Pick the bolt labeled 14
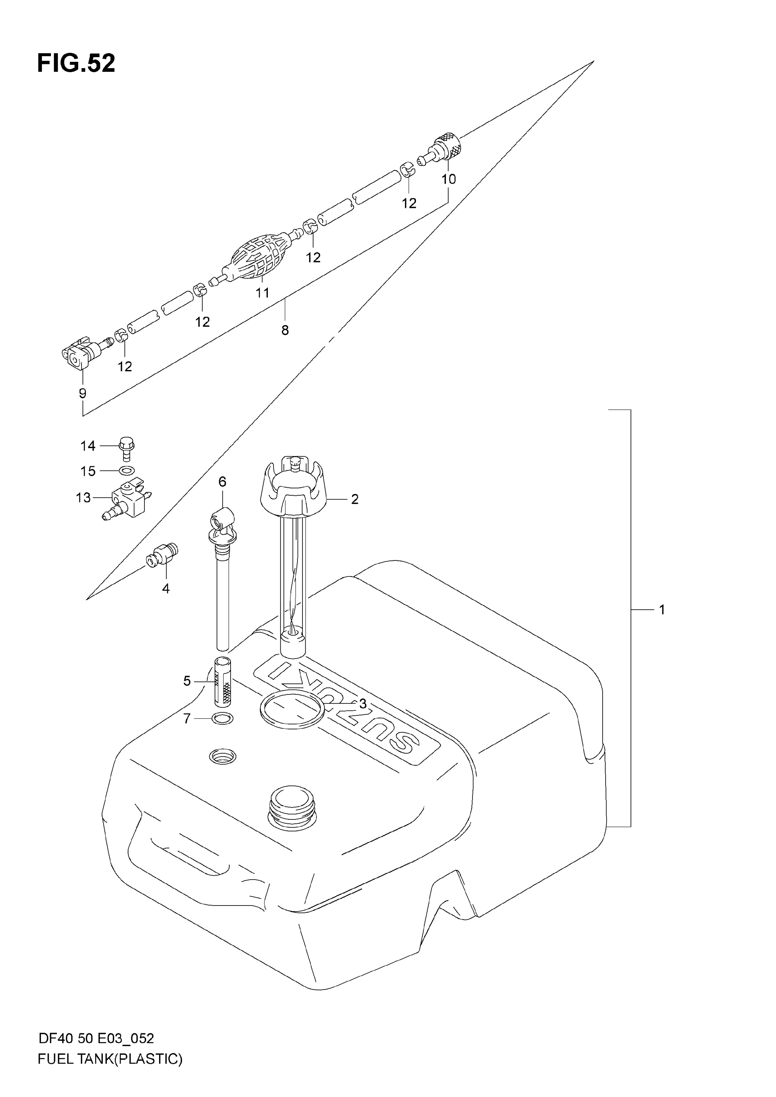pyautogui.click(x=126, y=448)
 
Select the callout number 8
pyautogui.click(x=285, y=330)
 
